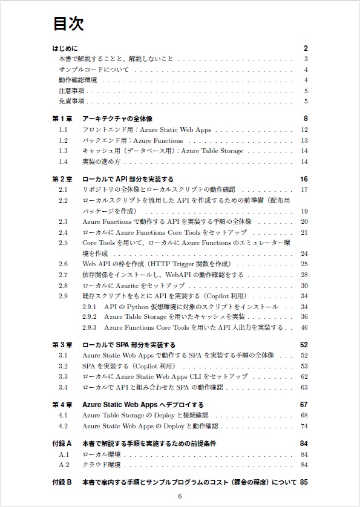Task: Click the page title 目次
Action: pyautogui.click(x=68, y=24)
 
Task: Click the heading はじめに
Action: pyautogui.click(x=65, y=48)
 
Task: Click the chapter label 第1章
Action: pyautogui.click(x=62, y=119)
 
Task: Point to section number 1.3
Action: pyautogui.click(x=63, y=151)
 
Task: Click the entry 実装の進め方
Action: pyautogui.click(x=102, y=162)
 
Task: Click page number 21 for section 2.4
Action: pyautogui.click(x=304, y=232)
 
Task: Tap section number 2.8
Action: pyautogui.click(x=63, y=286)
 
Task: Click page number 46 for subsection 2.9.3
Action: pyautogui.click(x=304, y=327)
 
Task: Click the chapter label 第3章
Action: pyautogui.click(x=62, y=345)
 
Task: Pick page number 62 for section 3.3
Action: pyautogui.click(x=304, y=376)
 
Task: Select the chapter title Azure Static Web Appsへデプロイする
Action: pyautogui.click(x=143, y=405)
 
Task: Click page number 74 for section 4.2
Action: pyautogui.click(x=304, y=426)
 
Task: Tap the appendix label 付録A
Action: pyautogui.click(x=62, y=443)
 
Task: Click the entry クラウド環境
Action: pyautogui.click(x=101, y=465)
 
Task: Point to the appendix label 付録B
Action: pyautogui.click(x=62, y=483)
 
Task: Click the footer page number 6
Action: pyautogui.click(x=180, y=497)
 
